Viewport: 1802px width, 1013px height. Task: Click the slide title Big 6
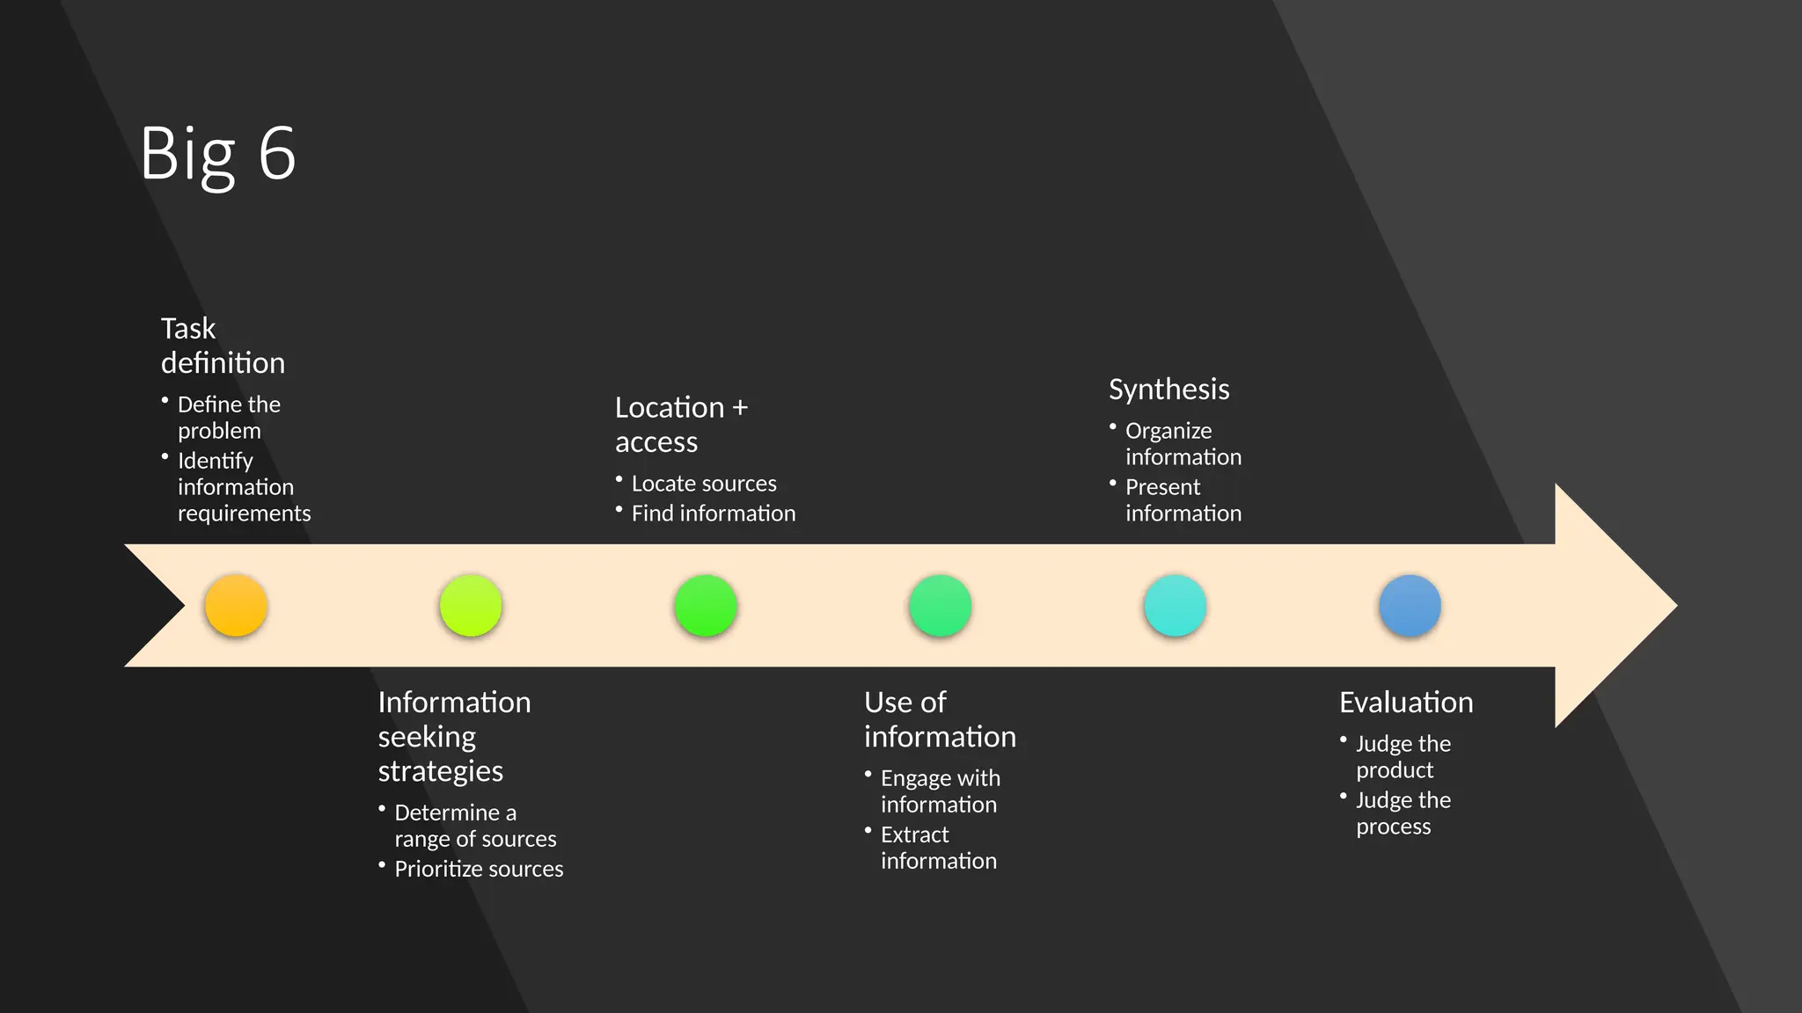point(217,154)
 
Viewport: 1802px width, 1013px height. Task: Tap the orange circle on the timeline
point(236,606)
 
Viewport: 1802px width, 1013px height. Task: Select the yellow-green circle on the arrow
point(471,606)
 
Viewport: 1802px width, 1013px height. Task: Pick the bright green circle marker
point(706,606)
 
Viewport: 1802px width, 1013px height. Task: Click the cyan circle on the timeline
point(1175,606)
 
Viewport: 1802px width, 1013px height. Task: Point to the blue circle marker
point(1410,606)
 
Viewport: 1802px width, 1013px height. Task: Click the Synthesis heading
point(1168,390)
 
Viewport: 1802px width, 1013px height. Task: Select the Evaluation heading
point(1406,703)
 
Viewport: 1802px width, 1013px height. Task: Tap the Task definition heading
point(223,346)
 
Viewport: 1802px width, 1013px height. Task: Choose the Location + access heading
point(681,425)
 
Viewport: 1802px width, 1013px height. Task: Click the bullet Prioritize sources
point(479,869)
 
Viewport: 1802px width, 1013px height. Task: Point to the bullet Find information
point(713,514)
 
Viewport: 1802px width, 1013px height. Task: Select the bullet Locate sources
point(704,484)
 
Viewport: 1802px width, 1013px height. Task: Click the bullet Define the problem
point(229,418)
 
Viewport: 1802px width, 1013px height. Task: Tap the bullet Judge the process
point(1403,813)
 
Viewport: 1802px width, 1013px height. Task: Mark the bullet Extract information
point(938,848)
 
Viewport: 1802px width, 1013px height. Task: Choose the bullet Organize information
point(1183,444)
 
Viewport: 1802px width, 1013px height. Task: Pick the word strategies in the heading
point(440,771)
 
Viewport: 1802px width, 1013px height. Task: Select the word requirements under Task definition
point(244,514)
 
